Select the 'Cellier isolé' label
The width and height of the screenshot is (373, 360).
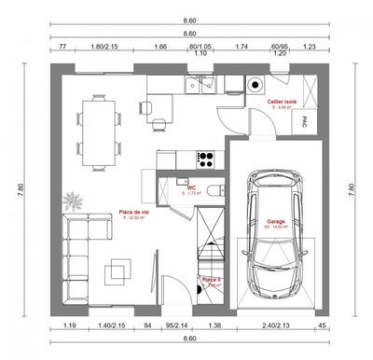(x=281, y=102)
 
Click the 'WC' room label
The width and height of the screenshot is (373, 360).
(x=190, y=187)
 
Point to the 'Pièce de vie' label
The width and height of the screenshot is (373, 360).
(x=135, y=214)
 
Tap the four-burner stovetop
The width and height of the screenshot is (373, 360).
(x=206, y=158)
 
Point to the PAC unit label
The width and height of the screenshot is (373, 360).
(x=301, y=120)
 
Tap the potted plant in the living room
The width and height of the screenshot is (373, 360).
(x=73, y=201)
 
